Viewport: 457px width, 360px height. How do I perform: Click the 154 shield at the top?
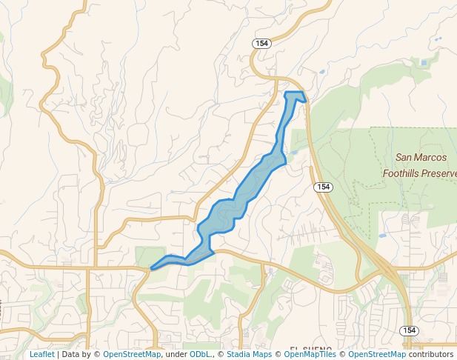coord(261,44)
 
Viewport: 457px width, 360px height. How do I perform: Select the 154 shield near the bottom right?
coord(409,330)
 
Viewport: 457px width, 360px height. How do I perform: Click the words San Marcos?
coord(421,157)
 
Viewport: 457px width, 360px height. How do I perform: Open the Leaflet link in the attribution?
coord(41,354)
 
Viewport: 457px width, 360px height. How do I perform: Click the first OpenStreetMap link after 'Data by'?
coord(131,354)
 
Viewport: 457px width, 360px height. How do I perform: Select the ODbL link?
coord(201,354)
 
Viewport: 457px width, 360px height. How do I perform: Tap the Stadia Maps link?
coord(249,354)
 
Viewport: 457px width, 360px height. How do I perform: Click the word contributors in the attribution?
coord(430,354)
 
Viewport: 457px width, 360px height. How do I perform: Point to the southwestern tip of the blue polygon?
coord(152,268)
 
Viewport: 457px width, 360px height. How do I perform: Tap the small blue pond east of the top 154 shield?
coord(321,72)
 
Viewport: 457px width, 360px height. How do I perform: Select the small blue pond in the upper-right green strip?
coord(424,63)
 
